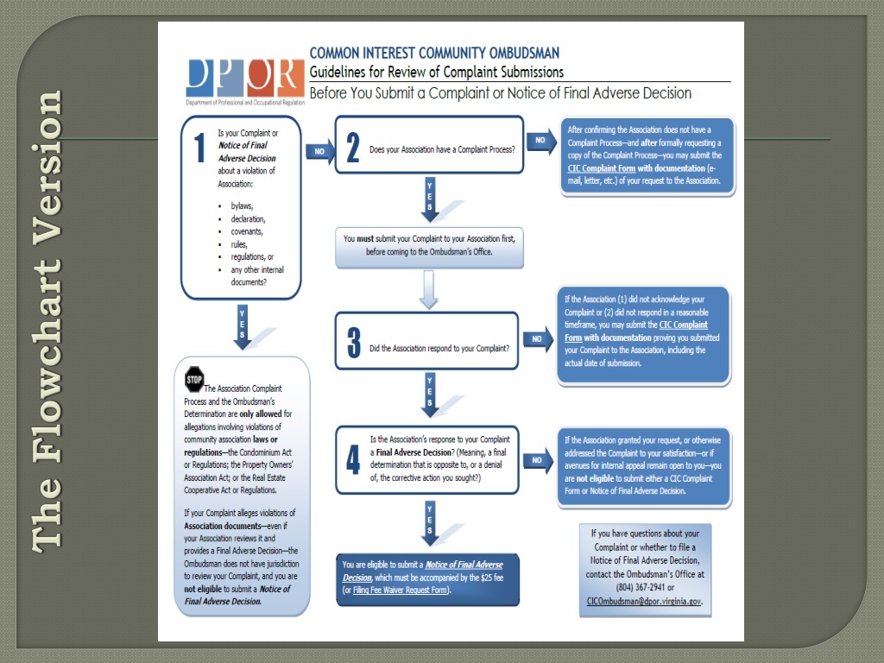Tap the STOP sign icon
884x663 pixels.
[194, 379]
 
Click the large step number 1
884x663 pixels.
[199, 148]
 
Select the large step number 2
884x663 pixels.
[352, 148]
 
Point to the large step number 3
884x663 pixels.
[354, 342]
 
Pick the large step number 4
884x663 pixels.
[354, 459]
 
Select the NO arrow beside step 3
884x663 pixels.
[539, 339]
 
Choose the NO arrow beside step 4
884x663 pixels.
[539, 460]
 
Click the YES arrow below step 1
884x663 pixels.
[243, 326]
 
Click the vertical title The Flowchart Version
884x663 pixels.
[48, 319]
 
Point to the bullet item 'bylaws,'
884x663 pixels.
[242, 206]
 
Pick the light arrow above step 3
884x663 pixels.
[429, 290]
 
